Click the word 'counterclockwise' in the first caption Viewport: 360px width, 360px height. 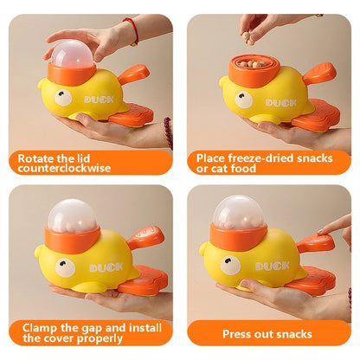pos(64,168)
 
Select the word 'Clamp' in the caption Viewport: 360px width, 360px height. pos(40,328)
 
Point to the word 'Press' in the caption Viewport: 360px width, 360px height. pos(236,334)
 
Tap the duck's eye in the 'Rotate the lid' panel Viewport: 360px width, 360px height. pos(63,98)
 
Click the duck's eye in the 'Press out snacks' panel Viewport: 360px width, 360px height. pos(230,265)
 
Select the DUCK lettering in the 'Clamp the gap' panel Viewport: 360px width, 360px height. pos(106,267)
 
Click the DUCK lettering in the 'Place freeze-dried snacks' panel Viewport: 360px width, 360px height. pos(281,103)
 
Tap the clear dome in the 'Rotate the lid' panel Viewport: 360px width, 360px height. pos(71,55)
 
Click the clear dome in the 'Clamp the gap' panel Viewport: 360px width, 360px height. pos(72,215)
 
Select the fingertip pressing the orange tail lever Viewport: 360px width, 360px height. pos(322,231)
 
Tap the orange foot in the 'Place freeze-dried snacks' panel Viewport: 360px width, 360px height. pos(315,113)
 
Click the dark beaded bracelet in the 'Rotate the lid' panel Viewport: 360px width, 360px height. pos(168,132)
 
